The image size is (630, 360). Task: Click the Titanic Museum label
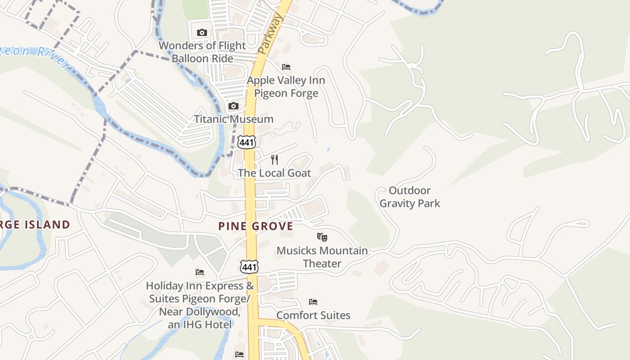[234, 119]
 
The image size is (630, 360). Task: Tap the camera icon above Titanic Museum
[233, 106]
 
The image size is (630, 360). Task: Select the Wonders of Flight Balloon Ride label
[202, 52]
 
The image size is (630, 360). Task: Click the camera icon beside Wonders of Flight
[202, 32]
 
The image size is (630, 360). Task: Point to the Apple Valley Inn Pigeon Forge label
[286, 87]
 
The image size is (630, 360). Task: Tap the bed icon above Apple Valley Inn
[286, 67]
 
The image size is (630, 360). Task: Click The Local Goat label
[274, 173]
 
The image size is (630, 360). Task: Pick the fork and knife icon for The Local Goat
[274, 160]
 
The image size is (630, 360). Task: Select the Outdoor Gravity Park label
[409, 197]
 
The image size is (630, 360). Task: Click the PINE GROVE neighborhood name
[256, 226]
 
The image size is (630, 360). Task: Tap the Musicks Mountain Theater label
[322, 257]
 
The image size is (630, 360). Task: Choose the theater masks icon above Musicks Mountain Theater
[322, 237]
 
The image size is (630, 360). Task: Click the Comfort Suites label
[313, 315]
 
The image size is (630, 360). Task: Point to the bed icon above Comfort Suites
[313, 301]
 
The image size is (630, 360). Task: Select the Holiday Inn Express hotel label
[200, 305]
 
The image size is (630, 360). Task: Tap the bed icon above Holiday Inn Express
[200, 272]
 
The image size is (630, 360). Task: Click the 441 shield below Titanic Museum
[248, 142]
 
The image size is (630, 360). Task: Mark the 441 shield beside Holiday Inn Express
[249, 266]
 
